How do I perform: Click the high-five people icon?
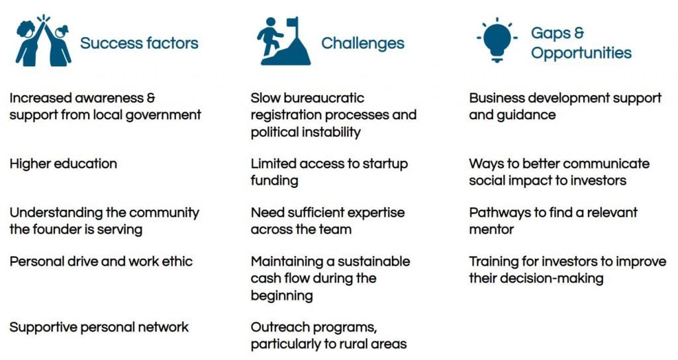pyautogui.click(x=43, y=41)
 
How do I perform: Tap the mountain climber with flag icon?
pyautogui.click(x=283, y=41)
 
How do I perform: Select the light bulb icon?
pyautogui.click(x=497, y=40)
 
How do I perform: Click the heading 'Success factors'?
pyautogui.click(x=139, y=43)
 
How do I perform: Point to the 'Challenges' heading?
pyautogui.click(x=363, y=43)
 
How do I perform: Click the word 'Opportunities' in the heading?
pyautogui.click(x=581, y=53)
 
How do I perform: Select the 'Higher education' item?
pyautogui.click(x=63, y=163)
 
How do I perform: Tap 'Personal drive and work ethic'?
pyautogui.click(x=101, y=261)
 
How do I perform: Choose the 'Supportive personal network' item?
pyautogui.click(x=99, y=327)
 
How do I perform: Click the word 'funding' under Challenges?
pyautogui.click(x=274, y=181)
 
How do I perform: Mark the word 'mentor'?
pyautogui.click(x=492, y=230)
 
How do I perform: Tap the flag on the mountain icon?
pyautogui.click(x=292, y=22)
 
